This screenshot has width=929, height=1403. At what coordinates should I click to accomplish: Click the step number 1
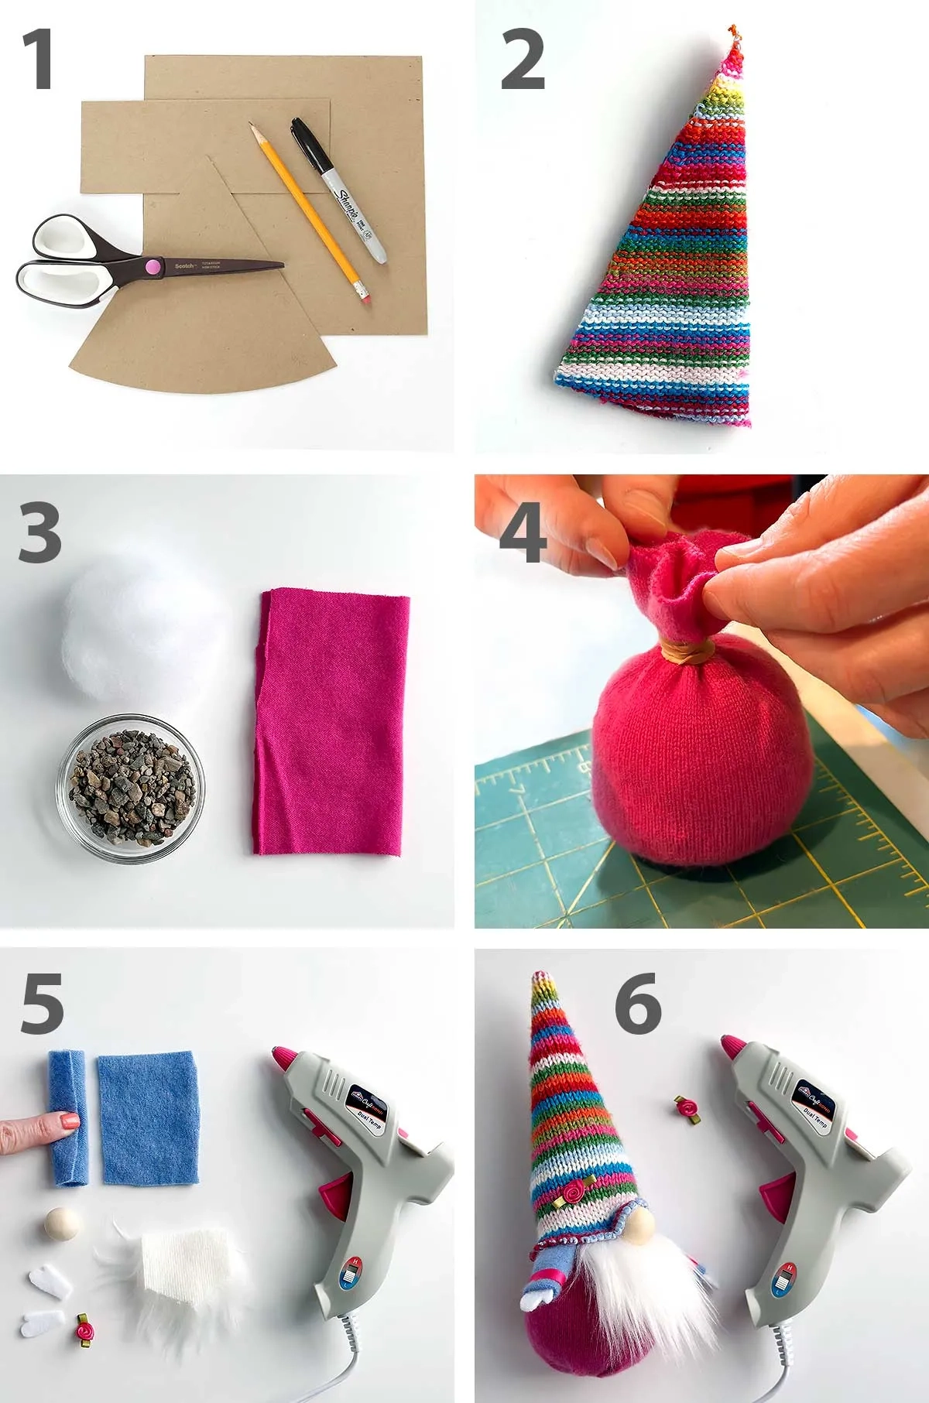(x=37, y=59)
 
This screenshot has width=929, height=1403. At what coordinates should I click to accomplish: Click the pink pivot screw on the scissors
(x=153, y=267)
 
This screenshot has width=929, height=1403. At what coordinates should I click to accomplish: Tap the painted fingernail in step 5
(x=69, y=1120)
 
